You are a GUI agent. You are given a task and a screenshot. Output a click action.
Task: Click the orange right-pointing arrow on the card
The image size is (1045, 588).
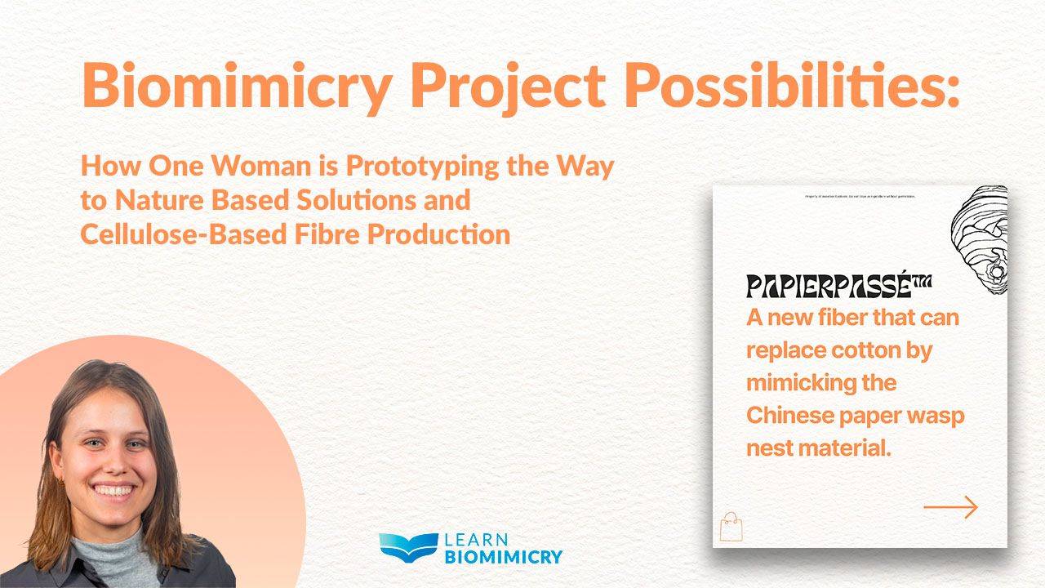tap(950, 507)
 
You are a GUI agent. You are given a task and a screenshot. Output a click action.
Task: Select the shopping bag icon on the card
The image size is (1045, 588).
tap(731, 527)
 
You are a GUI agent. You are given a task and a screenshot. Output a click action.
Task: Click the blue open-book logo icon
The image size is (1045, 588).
tap(408, 548)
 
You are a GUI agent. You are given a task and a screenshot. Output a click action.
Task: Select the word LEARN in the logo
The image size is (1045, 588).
tap(476, 540)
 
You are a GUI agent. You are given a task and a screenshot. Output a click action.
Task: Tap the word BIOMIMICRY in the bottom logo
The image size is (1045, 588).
tap(503, 558)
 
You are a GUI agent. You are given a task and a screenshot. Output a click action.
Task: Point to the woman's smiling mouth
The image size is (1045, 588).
tap(113, 490)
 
